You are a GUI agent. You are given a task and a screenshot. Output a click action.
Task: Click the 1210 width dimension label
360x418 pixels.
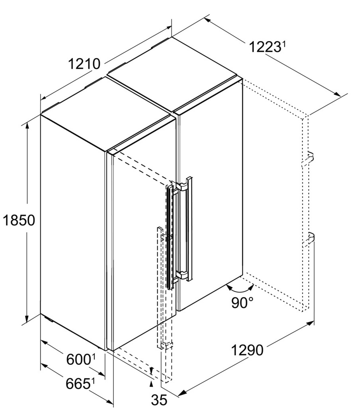[x=84, y=64]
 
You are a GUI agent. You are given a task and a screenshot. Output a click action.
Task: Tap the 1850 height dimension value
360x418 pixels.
[x=19, y=220]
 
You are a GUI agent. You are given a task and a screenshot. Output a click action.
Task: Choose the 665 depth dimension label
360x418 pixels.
[x=78, y=384]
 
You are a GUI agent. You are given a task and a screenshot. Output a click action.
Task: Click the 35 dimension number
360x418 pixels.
[x=159, y=400]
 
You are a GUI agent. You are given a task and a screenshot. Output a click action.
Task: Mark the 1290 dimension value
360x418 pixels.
[x=247, y=350]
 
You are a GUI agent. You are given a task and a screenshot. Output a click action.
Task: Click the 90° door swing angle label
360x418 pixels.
[x=242, y=302]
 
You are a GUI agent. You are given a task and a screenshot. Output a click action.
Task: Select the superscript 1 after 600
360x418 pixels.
[x=93, y=357]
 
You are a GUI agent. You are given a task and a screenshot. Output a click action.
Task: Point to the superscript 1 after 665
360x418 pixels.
[x=93, y=382]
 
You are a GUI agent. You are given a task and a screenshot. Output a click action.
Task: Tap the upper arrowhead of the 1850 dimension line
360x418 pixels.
[x=27, y=127]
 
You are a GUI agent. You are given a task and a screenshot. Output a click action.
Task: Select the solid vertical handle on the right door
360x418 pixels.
[x=189, y=228]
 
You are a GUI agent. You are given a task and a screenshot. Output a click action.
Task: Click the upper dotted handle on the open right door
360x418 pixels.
[x=308, y=159]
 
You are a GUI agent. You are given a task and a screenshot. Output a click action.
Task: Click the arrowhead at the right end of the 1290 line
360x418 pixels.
[x=310, y=323]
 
